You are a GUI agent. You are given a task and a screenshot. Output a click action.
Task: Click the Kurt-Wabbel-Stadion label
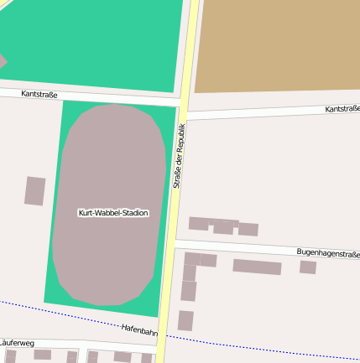click(112, 213)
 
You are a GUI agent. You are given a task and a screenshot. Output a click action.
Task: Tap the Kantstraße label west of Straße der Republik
click(39, 95)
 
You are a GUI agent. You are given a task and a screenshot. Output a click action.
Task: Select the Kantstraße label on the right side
click(342, 109)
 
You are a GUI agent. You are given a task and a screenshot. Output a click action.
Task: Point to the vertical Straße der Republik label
click(179, 155)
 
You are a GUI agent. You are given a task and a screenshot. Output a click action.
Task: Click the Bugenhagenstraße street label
click(327, 252)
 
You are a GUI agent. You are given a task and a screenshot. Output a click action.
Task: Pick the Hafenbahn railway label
click(139, 330)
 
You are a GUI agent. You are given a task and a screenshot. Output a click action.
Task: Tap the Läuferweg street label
click(16, 343)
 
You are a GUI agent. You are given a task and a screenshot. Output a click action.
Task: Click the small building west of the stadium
click(34, 190)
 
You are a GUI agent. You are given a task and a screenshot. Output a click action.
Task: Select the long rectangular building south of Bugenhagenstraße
click(257, 267)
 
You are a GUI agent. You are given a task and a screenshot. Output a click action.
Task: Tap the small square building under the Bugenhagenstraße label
click(308, 267)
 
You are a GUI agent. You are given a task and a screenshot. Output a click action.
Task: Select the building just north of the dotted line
click(185, 320)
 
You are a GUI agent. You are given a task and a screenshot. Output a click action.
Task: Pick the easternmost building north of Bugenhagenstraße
click(248, 229)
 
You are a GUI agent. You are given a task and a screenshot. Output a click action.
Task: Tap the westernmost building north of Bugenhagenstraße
click(198, 223)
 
